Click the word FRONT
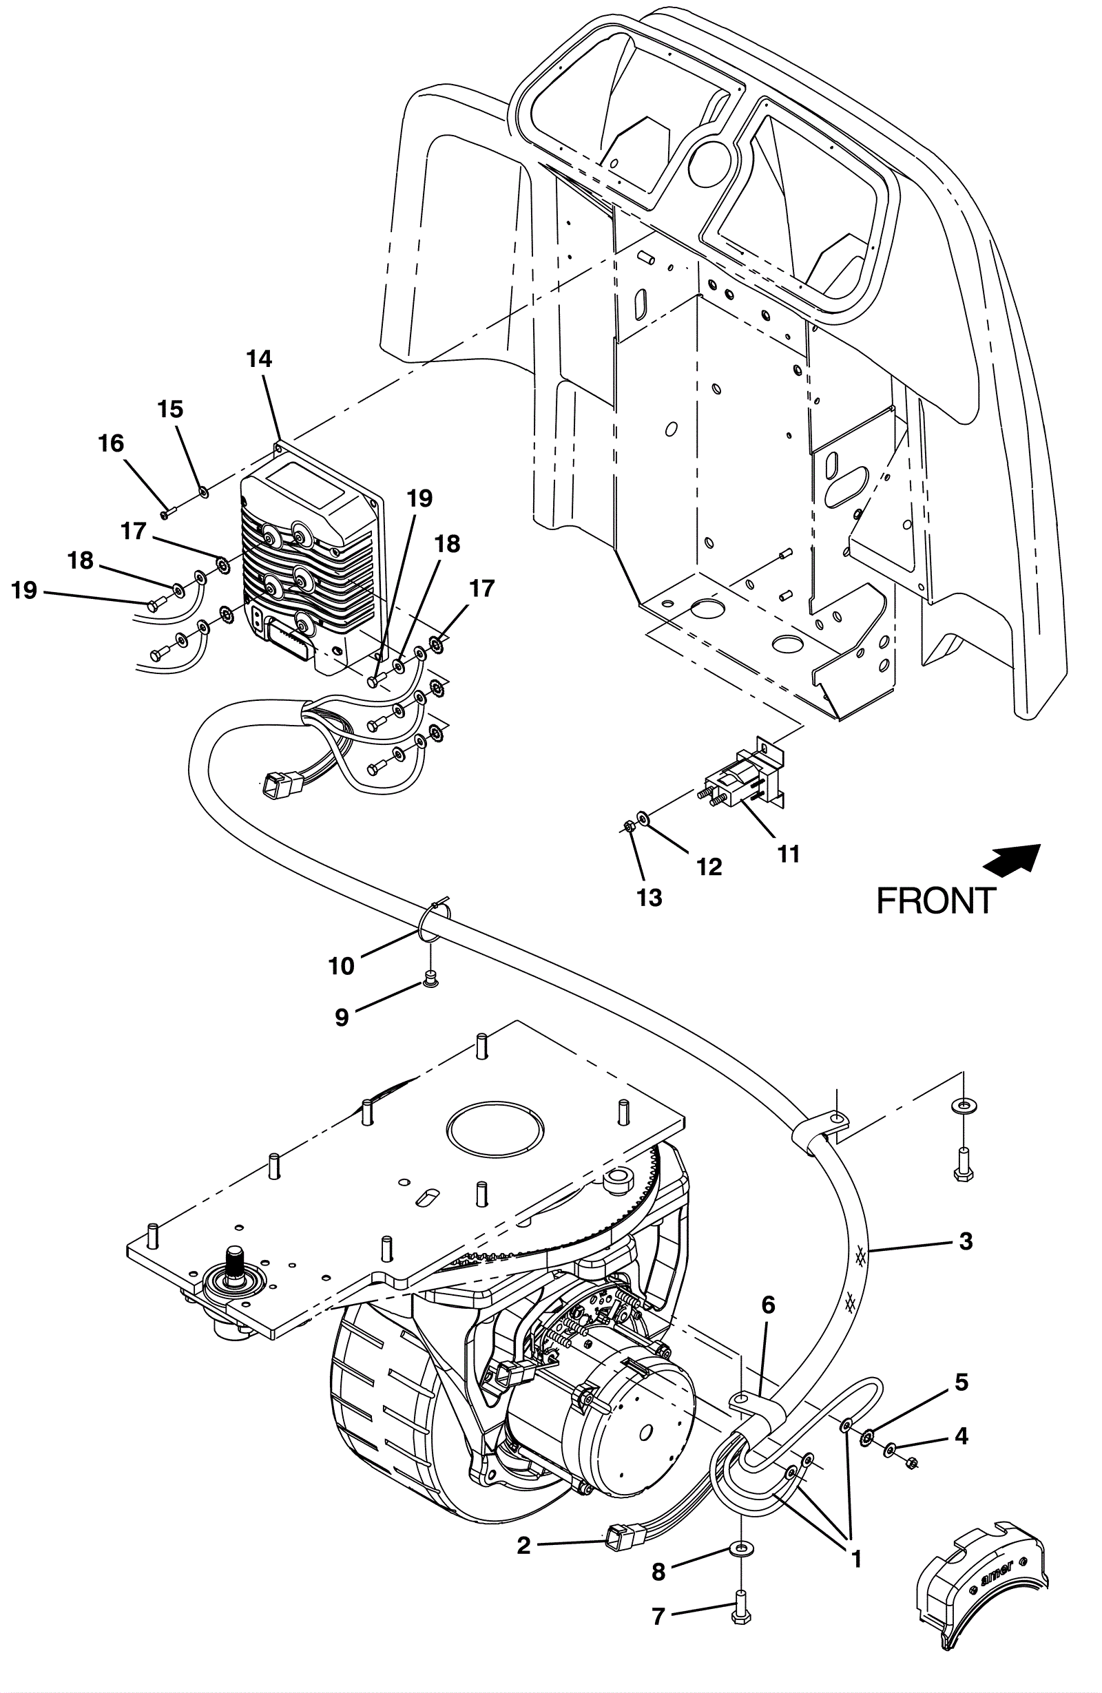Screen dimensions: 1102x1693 [935, 901]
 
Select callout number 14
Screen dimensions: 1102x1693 [260, 359]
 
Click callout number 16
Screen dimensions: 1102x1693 [111, 444]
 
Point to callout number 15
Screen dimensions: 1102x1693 [170, 409]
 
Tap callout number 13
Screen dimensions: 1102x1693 [649, 898]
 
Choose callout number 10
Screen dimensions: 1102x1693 [342, 966]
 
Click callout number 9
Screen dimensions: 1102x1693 [342, 1018]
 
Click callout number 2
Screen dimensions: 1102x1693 [524, 1546]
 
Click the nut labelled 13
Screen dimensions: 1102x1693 [629, 826]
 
